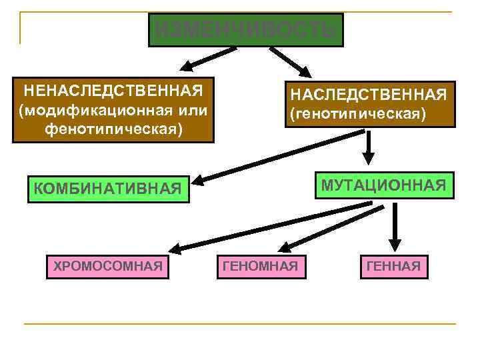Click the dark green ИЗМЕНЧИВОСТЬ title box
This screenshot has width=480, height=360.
(x=245, y=30)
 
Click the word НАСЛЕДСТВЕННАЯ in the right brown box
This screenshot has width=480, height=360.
(x=369, y=94)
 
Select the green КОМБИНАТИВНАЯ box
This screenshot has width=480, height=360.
(x=106, y=190)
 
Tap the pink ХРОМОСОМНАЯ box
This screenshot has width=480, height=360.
(x=107, y=266)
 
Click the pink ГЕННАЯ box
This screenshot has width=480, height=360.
(x=393, y=267)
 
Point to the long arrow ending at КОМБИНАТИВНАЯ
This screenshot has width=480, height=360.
(x=280, y=157)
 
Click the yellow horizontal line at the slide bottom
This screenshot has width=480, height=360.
(x=240, y=325)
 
